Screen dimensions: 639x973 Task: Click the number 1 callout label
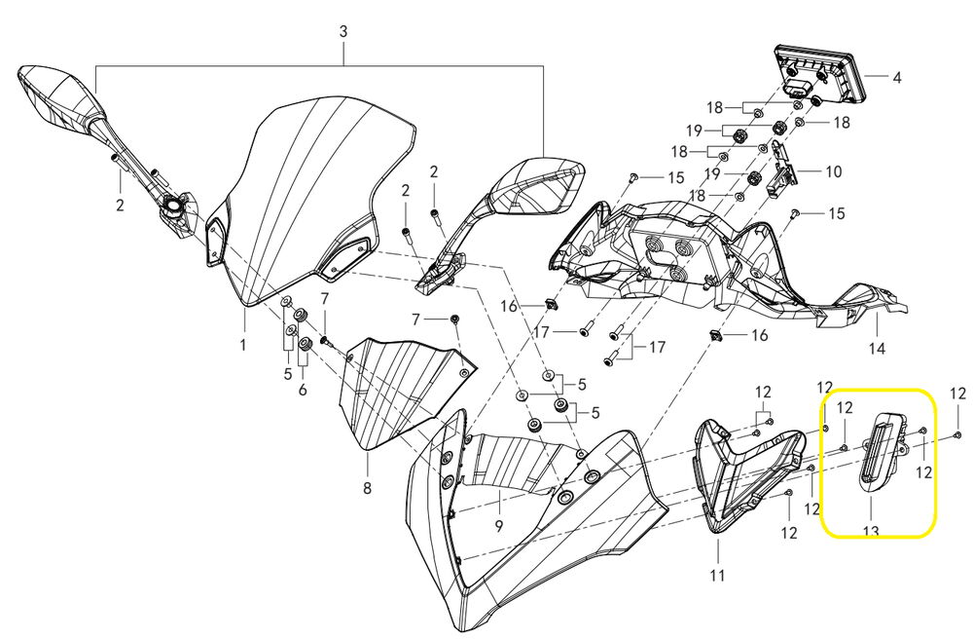(243, 345)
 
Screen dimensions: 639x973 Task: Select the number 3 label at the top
(342, 32)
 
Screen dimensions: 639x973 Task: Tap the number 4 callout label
(896, 76)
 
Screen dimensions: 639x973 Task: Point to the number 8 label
(367, 486)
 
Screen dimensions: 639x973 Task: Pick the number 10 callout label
(834, 172)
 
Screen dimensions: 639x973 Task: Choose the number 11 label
(717, 576)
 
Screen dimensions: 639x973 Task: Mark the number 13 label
(870, 531)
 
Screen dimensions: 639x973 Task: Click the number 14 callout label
(877, 348)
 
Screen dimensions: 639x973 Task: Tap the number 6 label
(303, 389)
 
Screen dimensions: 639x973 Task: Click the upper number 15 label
(676, 177)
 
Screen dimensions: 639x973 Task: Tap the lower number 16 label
(758, 335)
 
